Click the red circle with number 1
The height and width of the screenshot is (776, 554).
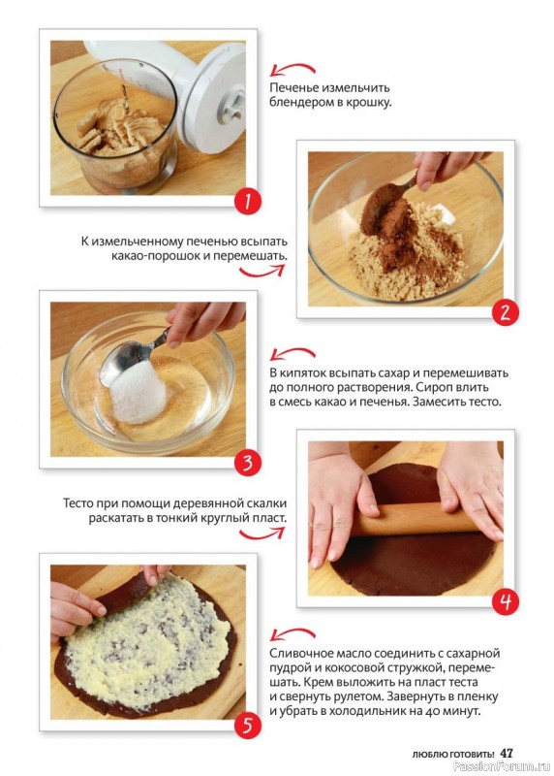click(248, 202)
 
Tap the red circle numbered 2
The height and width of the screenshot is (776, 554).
click(505, 312)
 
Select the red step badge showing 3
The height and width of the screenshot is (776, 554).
click(248, 464)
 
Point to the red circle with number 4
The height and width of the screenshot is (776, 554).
click(505, 601)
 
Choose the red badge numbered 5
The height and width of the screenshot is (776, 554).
click(248, 726)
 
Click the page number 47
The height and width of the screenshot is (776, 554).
click(507, 754)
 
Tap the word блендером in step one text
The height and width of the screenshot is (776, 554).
click(297, 103)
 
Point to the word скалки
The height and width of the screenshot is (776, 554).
click(267, 503)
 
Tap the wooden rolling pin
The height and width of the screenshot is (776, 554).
click(416, 518)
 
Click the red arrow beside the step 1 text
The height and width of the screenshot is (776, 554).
click(292, 68)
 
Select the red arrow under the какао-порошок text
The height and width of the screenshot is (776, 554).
click(262, 271)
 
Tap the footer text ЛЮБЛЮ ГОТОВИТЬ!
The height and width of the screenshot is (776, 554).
click(453, 755)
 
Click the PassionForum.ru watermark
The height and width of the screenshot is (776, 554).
click(502, 766)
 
